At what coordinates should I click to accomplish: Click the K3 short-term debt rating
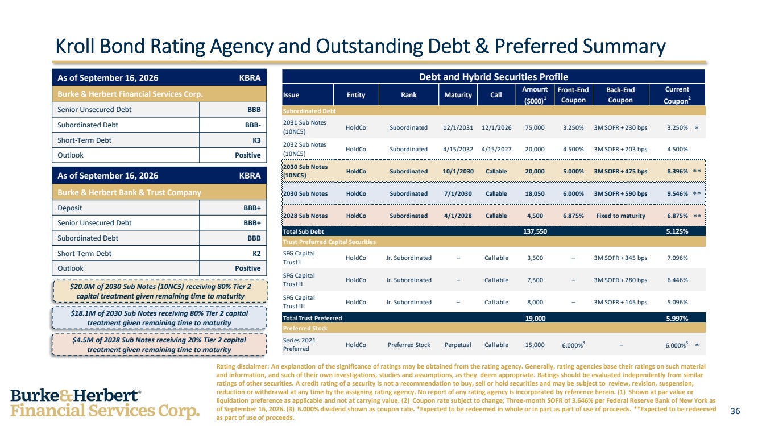coord(256,140)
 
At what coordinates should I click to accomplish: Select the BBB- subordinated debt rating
coord(253,125)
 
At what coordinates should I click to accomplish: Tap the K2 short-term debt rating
coord(256,254)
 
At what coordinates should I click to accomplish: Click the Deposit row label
coord(70,208)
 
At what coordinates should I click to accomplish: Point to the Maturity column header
coord(458,95)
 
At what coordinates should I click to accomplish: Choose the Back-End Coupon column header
coord(620,95)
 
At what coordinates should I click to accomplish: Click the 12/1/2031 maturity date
coord(458,127)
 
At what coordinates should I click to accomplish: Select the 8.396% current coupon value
coord(677,171)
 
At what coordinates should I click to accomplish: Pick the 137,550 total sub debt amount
coord(535,231)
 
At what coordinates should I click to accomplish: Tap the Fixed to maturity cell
coord(620,216)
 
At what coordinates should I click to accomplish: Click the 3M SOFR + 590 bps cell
coord(620,193)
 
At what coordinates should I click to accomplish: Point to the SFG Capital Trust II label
coord(299,280)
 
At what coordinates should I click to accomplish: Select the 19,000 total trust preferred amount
coord(535,318)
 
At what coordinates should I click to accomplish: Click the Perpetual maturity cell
coord(458,345)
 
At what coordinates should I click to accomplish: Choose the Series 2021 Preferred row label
coord(299,345)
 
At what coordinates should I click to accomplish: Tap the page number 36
coord(735,411)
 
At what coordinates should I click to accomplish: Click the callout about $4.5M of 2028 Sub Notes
coord(159,345)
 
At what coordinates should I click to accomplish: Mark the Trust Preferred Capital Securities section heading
coord(329,242)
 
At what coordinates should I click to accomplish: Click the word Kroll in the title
coord(75,46)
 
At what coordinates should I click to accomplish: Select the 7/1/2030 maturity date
coord(458,193)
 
